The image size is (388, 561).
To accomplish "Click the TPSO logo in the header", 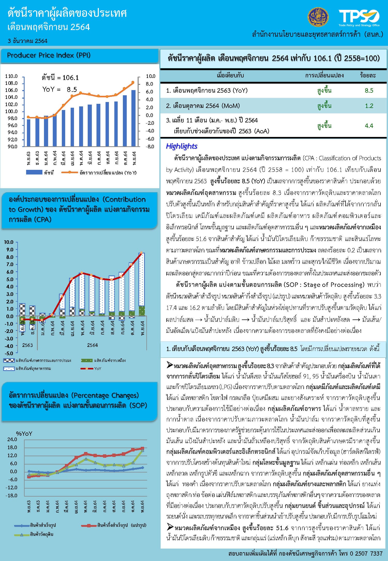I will point(359,17).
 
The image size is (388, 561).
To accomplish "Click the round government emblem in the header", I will point(318,17).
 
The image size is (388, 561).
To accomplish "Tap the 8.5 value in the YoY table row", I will point(369,91).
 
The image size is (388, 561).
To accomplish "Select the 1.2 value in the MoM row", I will point(369,106).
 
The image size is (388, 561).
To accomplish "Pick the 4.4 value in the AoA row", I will point(369,126).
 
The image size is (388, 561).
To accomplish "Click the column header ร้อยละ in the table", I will point(368,76).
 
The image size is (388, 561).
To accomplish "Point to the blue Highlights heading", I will point(182,146).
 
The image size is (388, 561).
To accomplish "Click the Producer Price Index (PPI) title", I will point(49,55).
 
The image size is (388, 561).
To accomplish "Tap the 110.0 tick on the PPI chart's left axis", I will point(11,76).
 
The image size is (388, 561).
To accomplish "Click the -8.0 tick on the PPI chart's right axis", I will point(150,147).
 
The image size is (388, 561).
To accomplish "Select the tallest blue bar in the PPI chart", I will point(133,118).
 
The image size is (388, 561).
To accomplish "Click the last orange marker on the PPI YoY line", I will point(133,82).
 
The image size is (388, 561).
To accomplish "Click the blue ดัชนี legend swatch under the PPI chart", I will point(34,172).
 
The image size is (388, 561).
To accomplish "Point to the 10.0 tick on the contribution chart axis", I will point(9,242).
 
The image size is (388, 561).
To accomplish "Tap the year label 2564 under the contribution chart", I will point(92,345).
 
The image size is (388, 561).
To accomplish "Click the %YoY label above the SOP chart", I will point(24,434).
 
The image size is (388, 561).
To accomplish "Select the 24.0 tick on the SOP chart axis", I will point(12,439).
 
